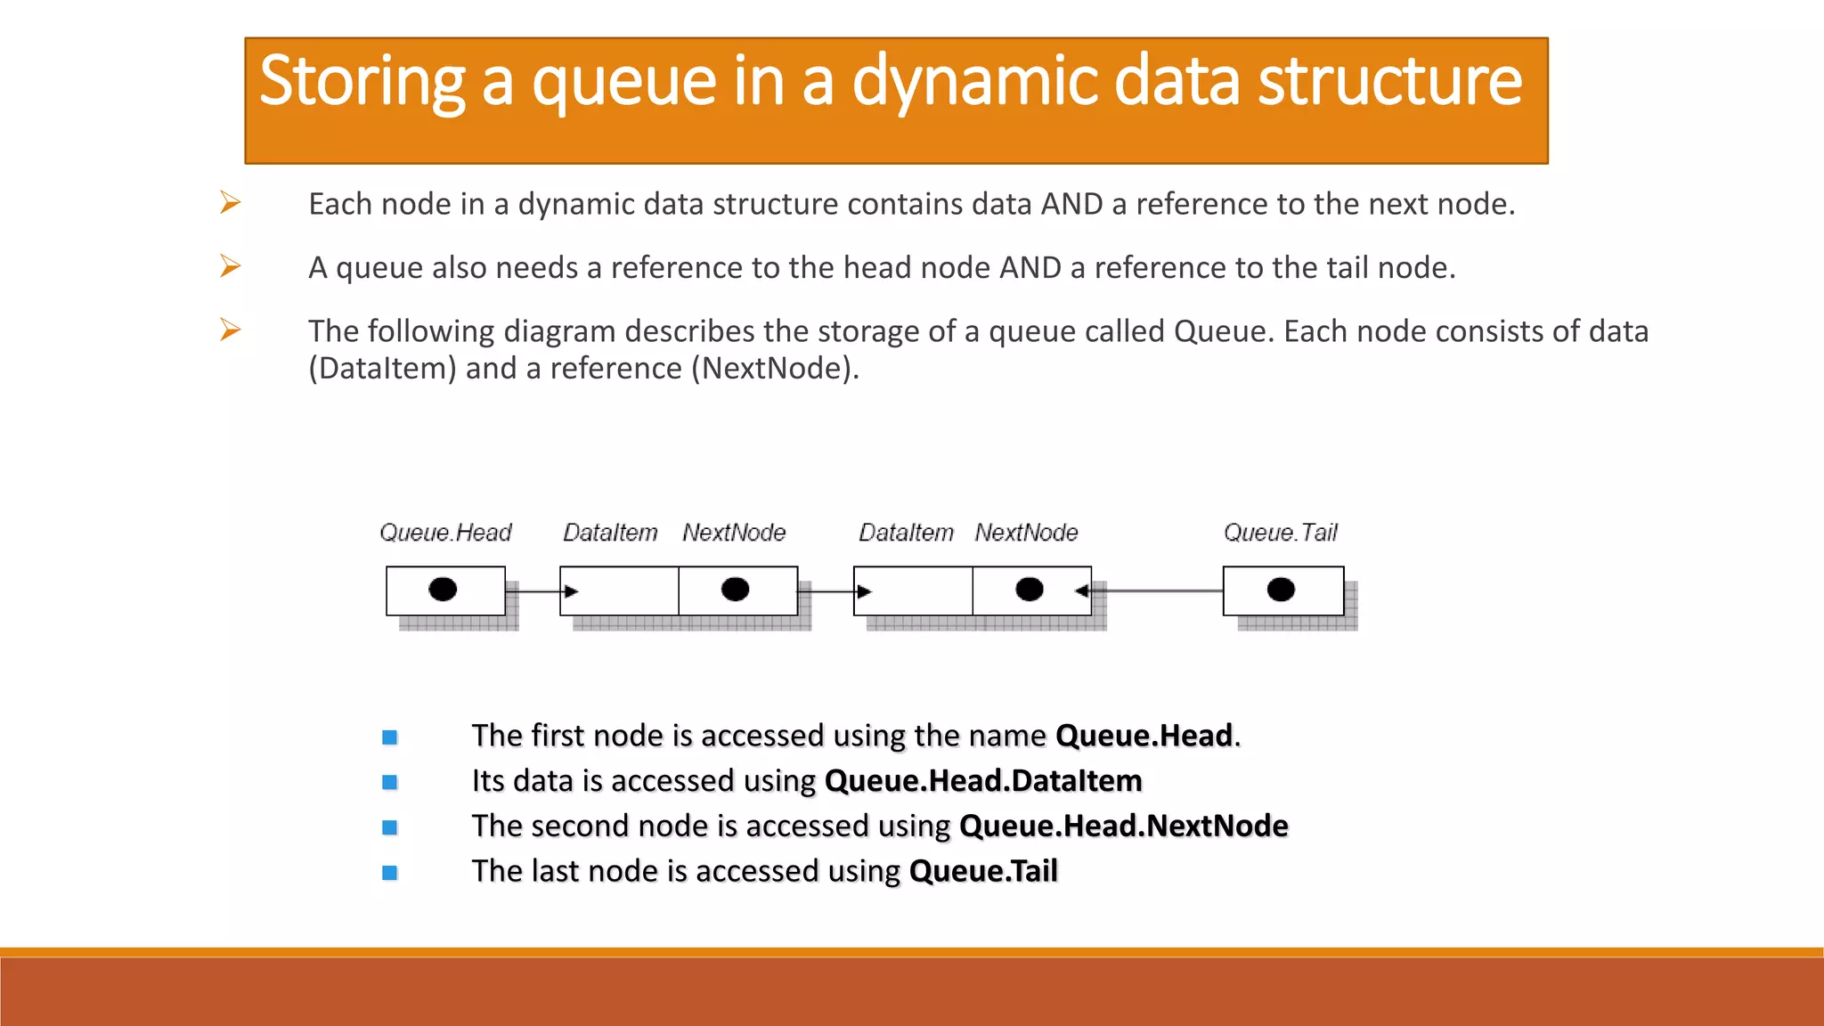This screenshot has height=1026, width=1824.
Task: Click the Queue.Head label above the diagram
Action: pyautogui.click(x=445, y=533)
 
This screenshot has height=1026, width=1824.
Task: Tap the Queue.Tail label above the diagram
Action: pyautogui.click(x=1280, y=533)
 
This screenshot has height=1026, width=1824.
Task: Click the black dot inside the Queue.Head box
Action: pyautogui.click(x=443, y=590)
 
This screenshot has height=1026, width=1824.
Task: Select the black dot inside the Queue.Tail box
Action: pyautogui.click(x=1281, y=590)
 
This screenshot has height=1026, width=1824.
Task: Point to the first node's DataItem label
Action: pyautogui.click(x=610, y=533)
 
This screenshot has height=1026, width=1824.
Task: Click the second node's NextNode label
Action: pyautogui.click(x=1026, y=533)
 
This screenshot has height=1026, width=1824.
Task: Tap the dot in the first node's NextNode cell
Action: pyautogui.click(x=735, y=590)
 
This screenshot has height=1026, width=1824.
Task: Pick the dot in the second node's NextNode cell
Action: pyautogui.click(x=1029, y=590)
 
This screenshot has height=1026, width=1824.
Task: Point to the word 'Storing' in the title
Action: pyautogui.click(x=362, y=82)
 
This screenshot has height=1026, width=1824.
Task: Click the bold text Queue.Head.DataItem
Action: pyautogui.click(x=983, y=781)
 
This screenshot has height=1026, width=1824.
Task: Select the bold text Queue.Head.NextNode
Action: pyautogui.click(x=1123, y=826)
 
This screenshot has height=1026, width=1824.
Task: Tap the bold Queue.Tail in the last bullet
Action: pyautogui.click(x=983, y=871)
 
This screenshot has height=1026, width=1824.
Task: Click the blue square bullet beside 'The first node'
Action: pyautogui.click(x=389, y=737)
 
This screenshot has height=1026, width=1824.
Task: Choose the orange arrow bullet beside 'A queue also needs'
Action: pyautogui.click(x=230, y=266)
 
